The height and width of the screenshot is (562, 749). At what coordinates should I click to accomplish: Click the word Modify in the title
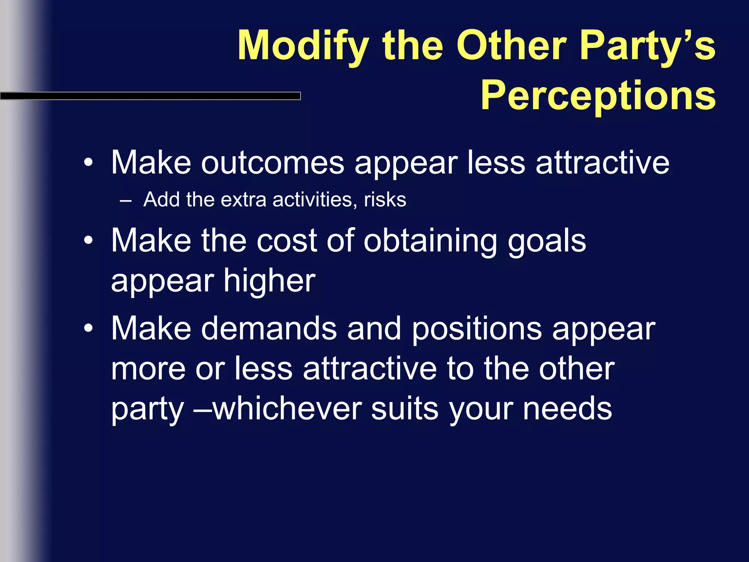303,46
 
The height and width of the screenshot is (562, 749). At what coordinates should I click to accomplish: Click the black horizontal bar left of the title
150,96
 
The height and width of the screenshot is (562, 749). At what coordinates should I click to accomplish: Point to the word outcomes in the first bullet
272,163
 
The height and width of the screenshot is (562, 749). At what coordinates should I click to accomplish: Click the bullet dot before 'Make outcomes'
88,163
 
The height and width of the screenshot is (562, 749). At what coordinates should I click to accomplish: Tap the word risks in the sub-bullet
385,200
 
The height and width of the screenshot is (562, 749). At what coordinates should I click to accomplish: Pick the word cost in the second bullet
286,241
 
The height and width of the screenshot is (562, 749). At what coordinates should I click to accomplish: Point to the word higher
270,281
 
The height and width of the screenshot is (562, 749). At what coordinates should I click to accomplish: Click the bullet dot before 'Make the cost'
88,241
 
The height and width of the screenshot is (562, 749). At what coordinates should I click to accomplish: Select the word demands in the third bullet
269,328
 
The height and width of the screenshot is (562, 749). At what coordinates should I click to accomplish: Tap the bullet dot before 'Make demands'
88,328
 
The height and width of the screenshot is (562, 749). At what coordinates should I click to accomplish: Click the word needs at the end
567,409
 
